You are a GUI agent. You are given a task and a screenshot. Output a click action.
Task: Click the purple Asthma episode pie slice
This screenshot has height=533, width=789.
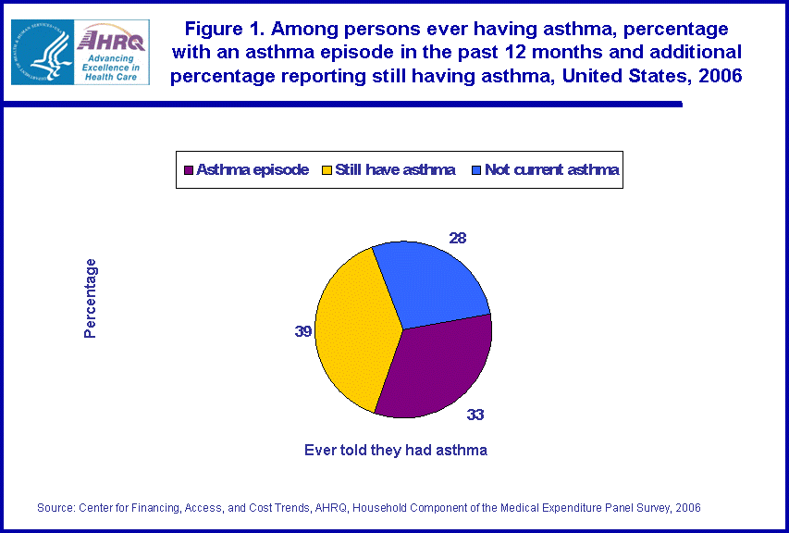(x=435, y=370)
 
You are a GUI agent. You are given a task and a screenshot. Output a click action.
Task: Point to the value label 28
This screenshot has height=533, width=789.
(x=458, y=239)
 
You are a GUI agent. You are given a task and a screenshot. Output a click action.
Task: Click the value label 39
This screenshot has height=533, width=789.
(x=302, y=330)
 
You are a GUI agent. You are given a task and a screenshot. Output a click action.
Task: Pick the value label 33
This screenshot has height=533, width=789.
(x=475, y=415)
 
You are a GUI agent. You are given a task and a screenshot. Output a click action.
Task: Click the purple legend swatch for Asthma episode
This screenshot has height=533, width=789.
(x=190, y=170)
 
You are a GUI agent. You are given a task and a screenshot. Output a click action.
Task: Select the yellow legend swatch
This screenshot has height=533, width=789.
(x=327, y=170)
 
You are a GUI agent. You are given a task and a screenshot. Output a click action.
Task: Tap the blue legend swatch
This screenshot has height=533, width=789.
(x=476, y=170)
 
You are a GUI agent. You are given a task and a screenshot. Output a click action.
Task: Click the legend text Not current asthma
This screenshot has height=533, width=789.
(x=551, y=170)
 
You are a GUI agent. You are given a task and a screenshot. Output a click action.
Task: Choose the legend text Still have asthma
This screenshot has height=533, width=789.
(x=395, y=170)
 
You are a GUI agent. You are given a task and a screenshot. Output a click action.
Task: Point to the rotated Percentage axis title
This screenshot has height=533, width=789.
(x=90, y=298)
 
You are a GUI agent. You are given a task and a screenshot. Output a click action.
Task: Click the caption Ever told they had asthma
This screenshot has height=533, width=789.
(x=396, y=451)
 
